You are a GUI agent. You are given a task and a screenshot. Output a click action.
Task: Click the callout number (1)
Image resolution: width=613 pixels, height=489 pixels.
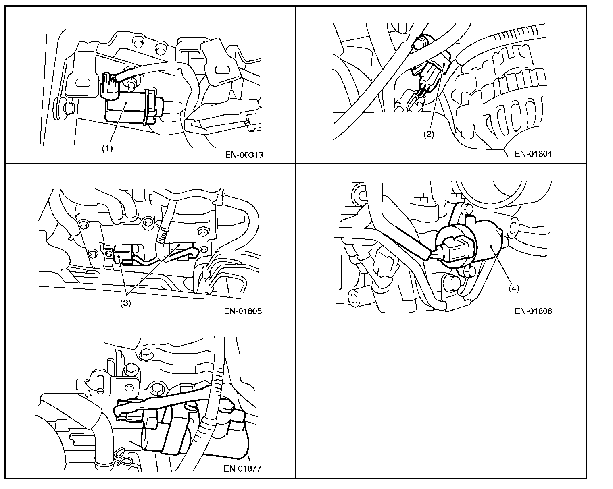(107, 148)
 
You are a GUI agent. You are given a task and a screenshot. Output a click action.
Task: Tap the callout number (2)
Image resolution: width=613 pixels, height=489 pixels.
(428, 135)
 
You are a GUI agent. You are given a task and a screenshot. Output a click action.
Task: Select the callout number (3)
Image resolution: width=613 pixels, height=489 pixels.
(125, 304)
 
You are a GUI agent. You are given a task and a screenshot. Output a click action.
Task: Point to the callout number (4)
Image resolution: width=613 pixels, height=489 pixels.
(513, 288)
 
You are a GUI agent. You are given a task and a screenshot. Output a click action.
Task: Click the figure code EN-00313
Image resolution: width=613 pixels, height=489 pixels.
(244, 155)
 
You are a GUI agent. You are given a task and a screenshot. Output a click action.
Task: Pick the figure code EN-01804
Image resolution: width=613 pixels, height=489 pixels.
(533, 153)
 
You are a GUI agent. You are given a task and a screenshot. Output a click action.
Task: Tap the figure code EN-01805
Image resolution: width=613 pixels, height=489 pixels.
(243, 311)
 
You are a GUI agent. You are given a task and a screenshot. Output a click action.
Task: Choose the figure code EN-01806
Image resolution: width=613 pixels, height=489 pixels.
(533, 311)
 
